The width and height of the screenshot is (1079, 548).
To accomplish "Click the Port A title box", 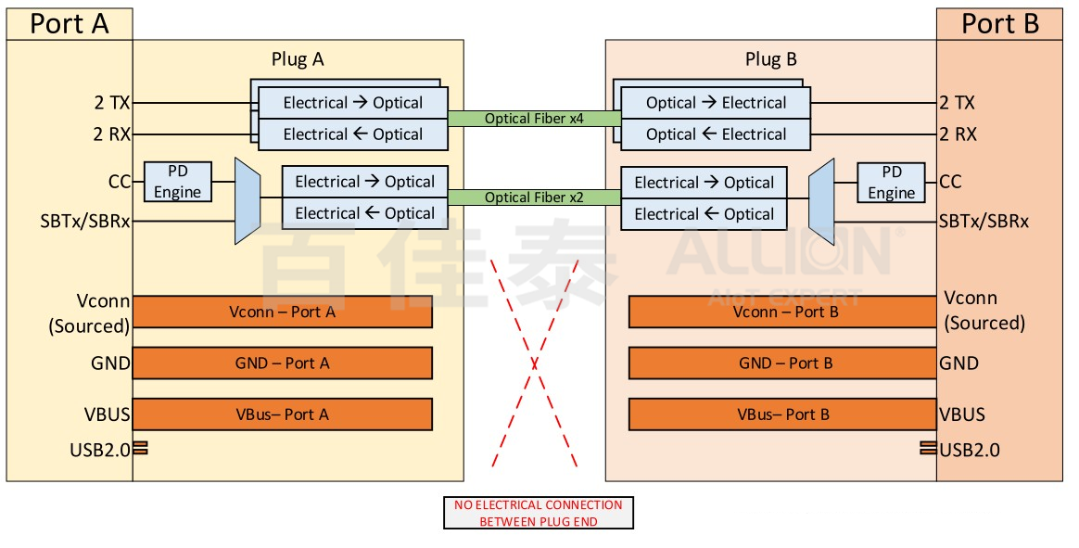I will (x=70, y=23).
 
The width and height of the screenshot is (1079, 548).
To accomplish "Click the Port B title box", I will (x=999, y=23).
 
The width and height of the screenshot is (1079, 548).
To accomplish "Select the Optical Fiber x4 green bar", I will (x=534, y=119).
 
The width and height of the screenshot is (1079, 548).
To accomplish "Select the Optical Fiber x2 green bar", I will (x=534, y=198).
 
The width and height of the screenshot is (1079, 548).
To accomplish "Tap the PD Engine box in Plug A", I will (x=177, y=182).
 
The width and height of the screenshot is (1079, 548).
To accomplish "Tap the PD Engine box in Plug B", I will (x=891, y=183).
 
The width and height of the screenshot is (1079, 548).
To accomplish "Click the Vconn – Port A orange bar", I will (x=282, y=312).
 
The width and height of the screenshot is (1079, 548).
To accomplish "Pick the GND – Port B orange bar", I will (x=782, y=363).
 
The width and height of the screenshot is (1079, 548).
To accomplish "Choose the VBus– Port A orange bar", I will (x=282, y=414).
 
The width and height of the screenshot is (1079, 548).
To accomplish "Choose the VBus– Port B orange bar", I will (x=782, y=414).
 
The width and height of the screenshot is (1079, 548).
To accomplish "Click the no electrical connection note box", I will (x=538, y=513).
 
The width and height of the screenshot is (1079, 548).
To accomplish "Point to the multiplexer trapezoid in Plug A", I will (x=247, y=200).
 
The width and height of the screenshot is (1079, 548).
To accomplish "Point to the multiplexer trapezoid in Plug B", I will (x=821, y=200).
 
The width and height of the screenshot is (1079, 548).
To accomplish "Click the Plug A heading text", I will (x=298, y=59).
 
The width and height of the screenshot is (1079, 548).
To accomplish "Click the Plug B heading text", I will (x=771, y=59).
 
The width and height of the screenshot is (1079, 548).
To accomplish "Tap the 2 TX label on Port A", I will (x=111, y=103).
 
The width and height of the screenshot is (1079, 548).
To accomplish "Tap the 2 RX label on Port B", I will (x=958, y=134).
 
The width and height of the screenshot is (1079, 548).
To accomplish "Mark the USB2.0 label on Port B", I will (x=970, y=451).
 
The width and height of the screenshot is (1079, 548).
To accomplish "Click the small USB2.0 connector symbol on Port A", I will (x=140, y=449).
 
